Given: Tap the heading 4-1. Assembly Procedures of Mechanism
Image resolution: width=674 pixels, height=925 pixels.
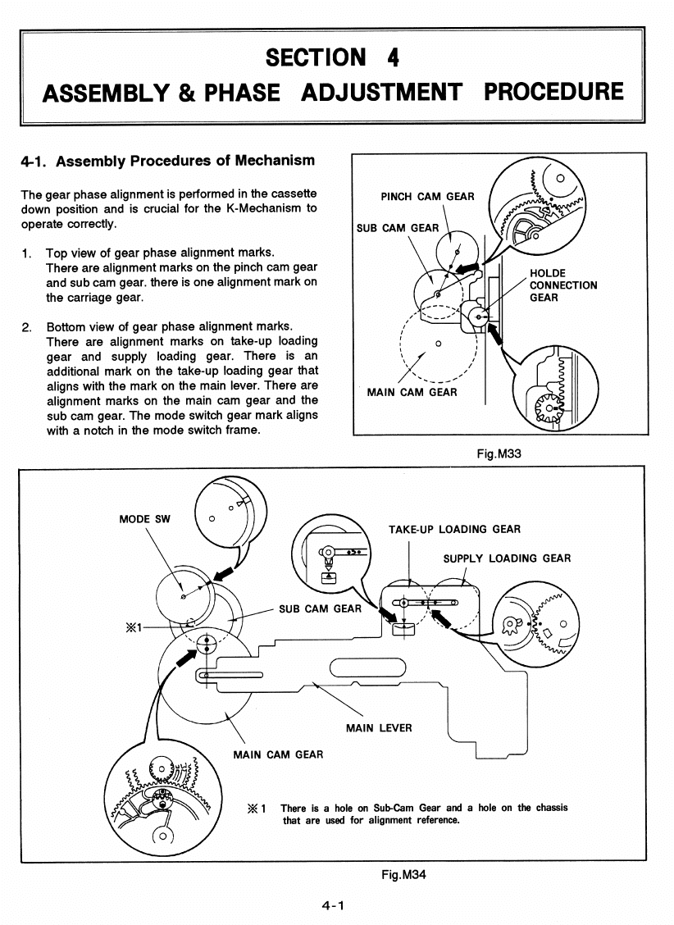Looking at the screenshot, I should click(167, 161).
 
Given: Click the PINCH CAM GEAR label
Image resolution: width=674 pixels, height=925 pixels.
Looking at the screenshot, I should click(427, 196).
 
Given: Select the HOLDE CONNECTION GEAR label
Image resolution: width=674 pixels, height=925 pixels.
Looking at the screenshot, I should click(563, 285).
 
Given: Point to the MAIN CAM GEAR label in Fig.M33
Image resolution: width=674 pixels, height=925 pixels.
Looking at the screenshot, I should click(412, 392).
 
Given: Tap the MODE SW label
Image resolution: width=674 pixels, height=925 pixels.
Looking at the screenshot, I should click(145, 519).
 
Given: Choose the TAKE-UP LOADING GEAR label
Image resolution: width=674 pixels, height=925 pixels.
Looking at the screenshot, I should click(454, 529).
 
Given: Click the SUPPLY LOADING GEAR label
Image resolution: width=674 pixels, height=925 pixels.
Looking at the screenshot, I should click(507, 558).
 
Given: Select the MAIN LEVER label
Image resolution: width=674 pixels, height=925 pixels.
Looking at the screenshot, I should click(379, 727).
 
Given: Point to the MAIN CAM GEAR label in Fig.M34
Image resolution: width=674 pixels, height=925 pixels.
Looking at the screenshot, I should click(278, 754).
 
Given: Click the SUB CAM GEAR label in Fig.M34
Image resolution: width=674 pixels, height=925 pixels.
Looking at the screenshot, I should click(320, 608).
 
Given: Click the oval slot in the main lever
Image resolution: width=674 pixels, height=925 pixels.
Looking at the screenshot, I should click(367, 669).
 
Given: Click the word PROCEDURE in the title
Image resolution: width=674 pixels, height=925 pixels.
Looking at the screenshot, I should click(553, 91).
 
